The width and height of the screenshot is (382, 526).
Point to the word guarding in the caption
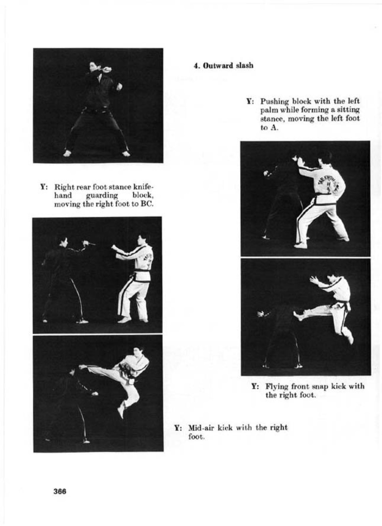[x=102, y=196]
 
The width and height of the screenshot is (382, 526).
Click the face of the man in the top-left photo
[x=93, y=67]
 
